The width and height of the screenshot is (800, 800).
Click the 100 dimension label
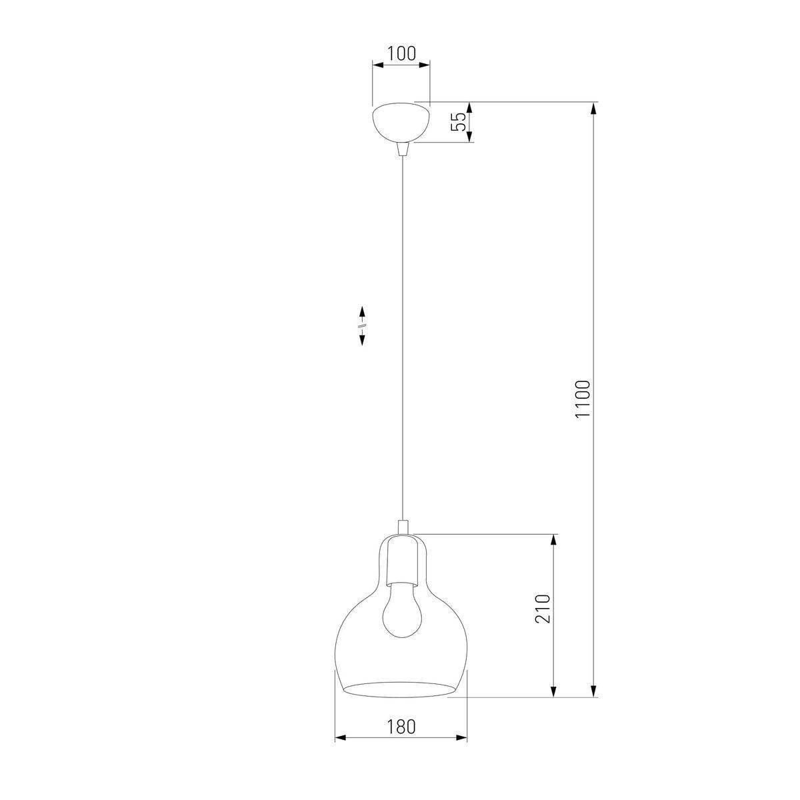tap(401, 53)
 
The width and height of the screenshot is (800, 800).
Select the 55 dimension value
tap(458, 122)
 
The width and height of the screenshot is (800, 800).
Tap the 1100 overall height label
tap(582, 399)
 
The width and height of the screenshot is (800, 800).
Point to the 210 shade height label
tap(543, 608)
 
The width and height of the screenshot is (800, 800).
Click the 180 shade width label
tap(400, 726)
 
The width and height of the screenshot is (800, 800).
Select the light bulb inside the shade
tap(400, 607)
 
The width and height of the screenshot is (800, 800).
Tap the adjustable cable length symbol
tap(362, 325)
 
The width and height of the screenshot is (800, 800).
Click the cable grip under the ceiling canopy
tap(401, 149)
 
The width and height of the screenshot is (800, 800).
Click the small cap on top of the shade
tap(401, 527)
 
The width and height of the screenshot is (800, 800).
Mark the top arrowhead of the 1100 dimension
tap(593, 109)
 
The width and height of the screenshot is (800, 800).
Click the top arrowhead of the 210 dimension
tap(553, 541)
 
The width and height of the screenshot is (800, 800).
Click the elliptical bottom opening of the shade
tap(401, 689)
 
